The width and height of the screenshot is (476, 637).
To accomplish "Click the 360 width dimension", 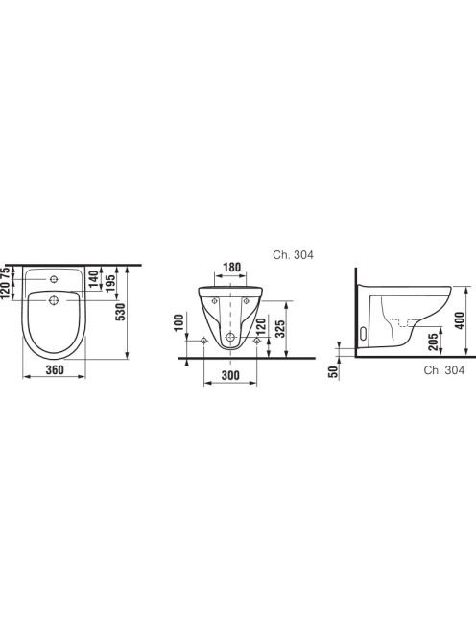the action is (x=55, y=370).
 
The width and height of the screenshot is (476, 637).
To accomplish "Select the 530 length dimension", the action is (x=121, y=312).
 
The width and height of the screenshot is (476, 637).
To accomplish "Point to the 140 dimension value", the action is (x=93, y=279).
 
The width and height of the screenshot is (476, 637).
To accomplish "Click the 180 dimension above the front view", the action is (x=231, y=268).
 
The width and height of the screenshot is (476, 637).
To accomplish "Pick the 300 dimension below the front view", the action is (x=230, y=375).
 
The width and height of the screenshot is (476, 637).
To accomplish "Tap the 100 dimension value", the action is (x=179, y=322).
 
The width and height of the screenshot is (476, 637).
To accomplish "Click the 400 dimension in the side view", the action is (x=460, y=320).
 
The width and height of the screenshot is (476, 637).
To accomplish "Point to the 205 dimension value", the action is (x=434, y=342).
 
